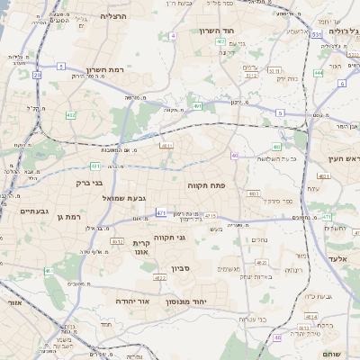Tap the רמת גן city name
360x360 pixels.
click(x=67, y=217)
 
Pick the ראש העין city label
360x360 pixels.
click(x=343, y=159)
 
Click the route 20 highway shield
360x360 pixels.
click(x=37, y=76)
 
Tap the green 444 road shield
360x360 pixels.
click(x=319, y=73)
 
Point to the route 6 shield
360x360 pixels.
click(x=342, y=83)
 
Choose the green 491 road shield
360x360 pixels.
click(x=197, y=106)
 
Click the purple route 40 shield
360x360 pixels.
click(x=234, y=156)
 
